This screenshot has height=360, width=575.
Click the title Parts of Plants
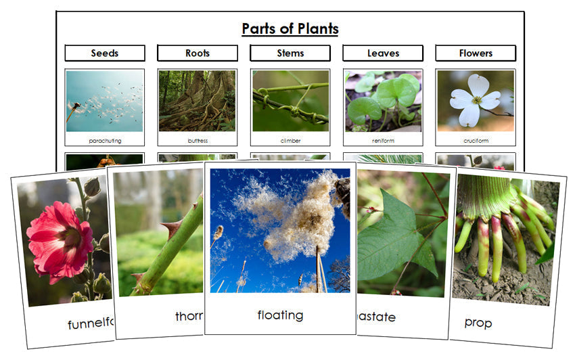click(290, 29)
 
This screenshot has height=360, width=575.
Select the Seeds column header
click(105, 53)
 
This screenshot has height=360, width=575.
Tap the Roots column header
click(198, 53)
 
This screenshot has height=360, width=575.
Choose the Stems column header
click(290, 53)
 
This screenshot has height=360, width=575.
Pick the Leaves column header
click(383, 53)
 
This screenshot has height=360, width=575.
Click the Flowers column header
click(476, 53)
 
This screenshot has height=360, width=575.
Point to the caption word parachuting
click(105, 141)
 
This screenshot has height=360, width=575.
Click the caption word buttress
click(198, 141)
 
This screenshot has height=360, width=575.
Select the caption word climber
click(290, 141)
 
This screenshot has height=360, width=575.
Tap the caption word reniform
click(383, 141)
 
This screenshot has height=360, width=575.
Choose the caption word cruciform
click(476, 141)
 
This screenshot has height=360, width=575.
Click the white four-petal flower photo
click(475, 100)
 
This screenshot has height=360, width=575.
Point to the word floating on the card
click(280, 315)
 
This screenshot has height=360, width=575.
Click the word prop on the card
click(478, 322)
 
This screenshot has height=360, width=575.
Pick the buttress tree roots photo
click(198, 101)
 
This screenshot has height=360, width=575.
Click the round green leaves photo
click(383, 101)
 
